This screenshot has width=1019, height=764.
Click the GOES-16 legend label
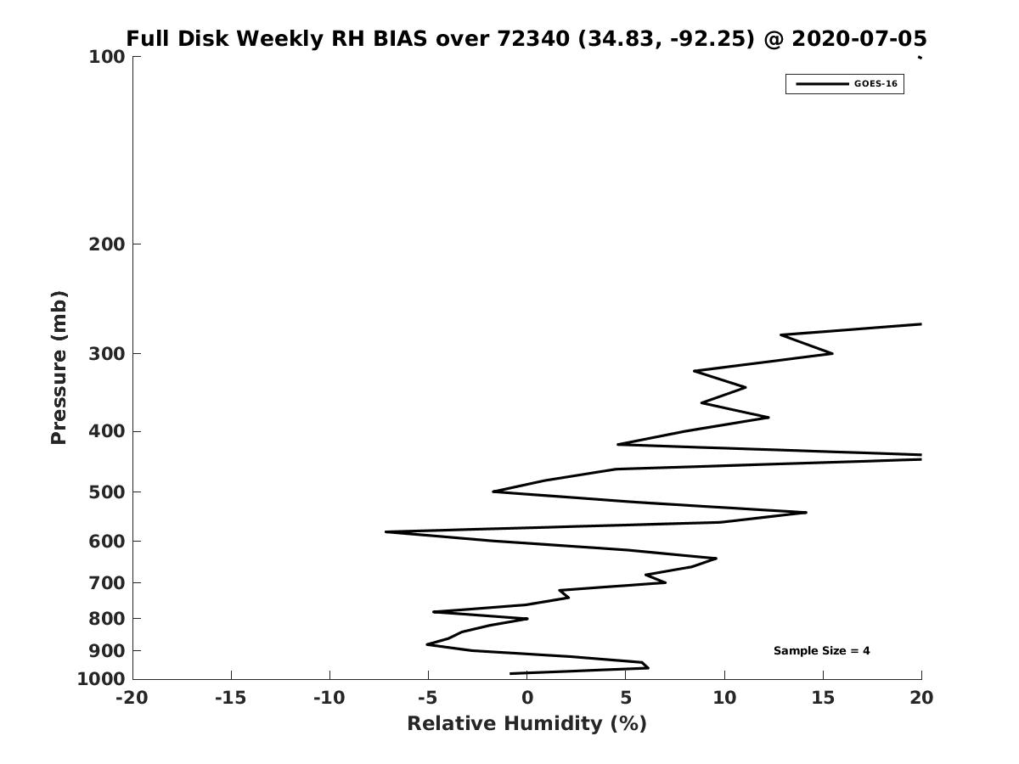pos(875,84)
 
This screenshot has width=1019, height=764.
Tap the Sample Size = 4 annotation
pos(821,651)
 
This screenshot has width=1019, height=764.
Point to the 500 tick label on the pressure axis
pos(107,492)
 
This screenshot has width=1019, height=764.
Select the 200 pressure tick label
pos(107,244)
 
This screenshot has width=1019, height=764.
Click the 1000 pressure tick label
pos(101,679)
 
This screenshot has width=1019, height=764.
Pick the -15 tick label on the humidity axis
pos(231,698)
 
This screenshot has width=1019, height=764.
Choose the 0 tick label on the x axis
pos(527,698)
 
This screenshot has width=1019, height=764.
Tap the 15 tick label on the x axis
pos(823,698)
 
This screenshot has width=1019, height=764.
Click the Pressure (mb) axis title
pos(59,368)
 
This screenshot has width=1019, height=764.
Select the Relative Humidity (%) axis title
pos(527,724)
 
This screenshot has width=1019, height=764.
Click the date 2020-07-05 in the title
pos(859,38)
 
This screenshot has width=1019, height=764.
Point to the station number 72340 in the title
pos(533,38)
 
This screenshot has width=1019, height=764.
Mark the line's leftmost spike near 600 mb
pos(386,531)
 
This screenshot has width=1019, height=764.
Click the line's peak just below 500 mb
pos(806,513)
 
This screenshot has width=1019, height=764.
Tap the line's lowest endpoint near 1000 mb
pos(510,673)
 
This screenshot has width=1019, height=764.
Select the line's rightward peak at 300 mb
pos(832,353)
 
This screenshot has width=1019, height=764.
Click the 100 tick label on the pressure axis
pos(107,57)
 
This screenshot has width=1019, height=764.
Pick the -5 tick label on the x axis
pos(428,698)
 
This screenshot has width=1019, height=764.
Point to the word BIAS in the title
pos(400,38)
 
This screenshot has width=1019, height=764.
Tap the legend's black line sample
pos(823,84)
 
